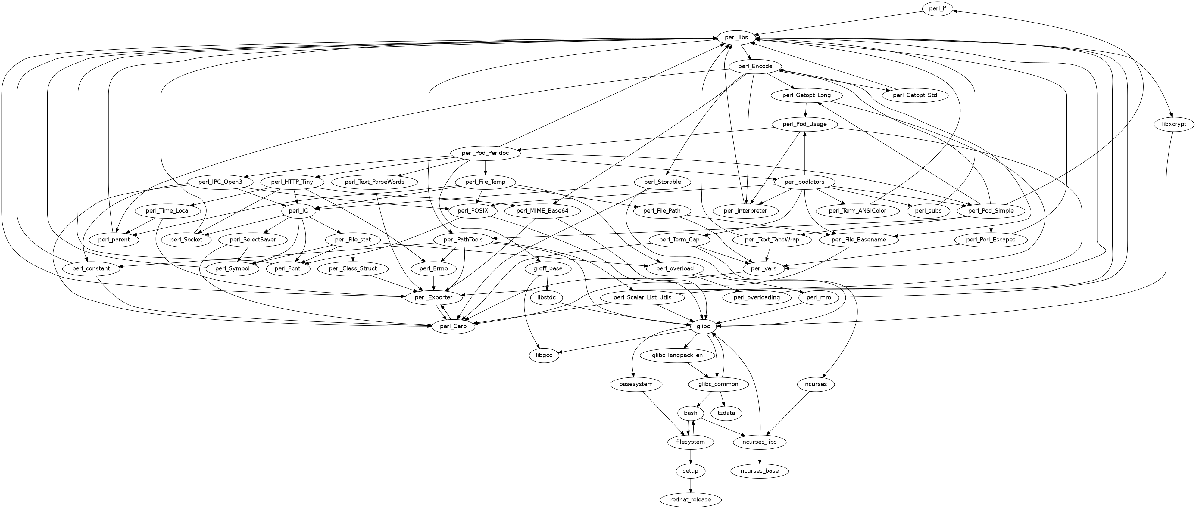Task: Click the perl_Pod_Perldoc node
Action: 485,153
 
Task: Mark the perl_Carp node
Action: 453,326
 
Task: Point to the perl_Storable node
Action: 663,182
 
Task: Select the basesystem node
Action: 635,384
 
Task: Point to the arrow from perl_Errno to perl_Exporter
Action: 434,283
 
